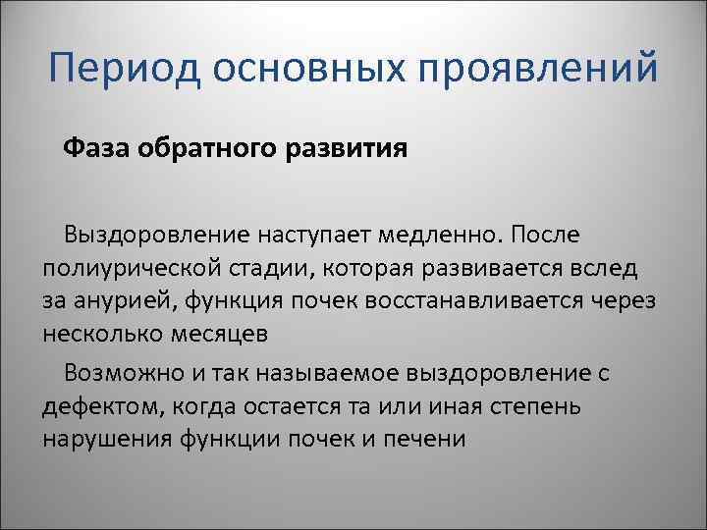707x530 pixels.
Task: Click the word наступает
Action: pos(303,236)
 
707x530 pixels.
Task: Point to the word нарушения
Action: pos(108,438)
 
